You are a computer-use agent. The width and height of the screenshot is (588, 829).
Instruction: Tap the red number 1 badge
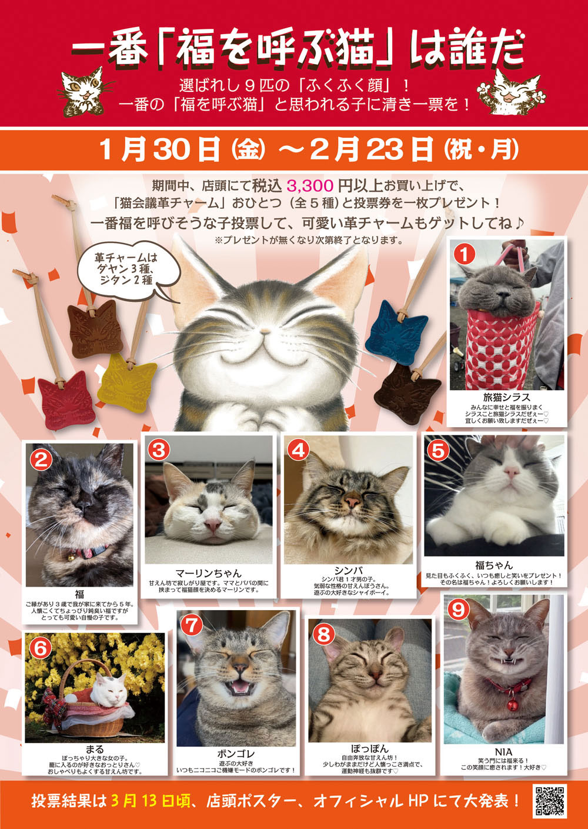pyautogui.click(x=466, y=254)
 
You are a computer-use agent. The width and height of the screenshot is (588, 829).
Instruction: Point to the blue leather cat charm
pyautogui.click(x=396, y=332)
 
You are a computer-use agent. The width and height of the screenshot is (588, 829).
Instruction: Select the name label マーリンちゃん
pyautogui.click(x=208, y=574)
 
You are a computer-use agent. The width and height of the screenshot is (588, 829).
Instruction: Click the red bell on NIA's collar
pyautogui.click(x=512, y=705)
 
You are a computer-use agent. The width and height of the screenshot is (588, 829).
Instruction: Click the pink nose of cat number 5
pyautogui.click(x=512, y=471)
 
